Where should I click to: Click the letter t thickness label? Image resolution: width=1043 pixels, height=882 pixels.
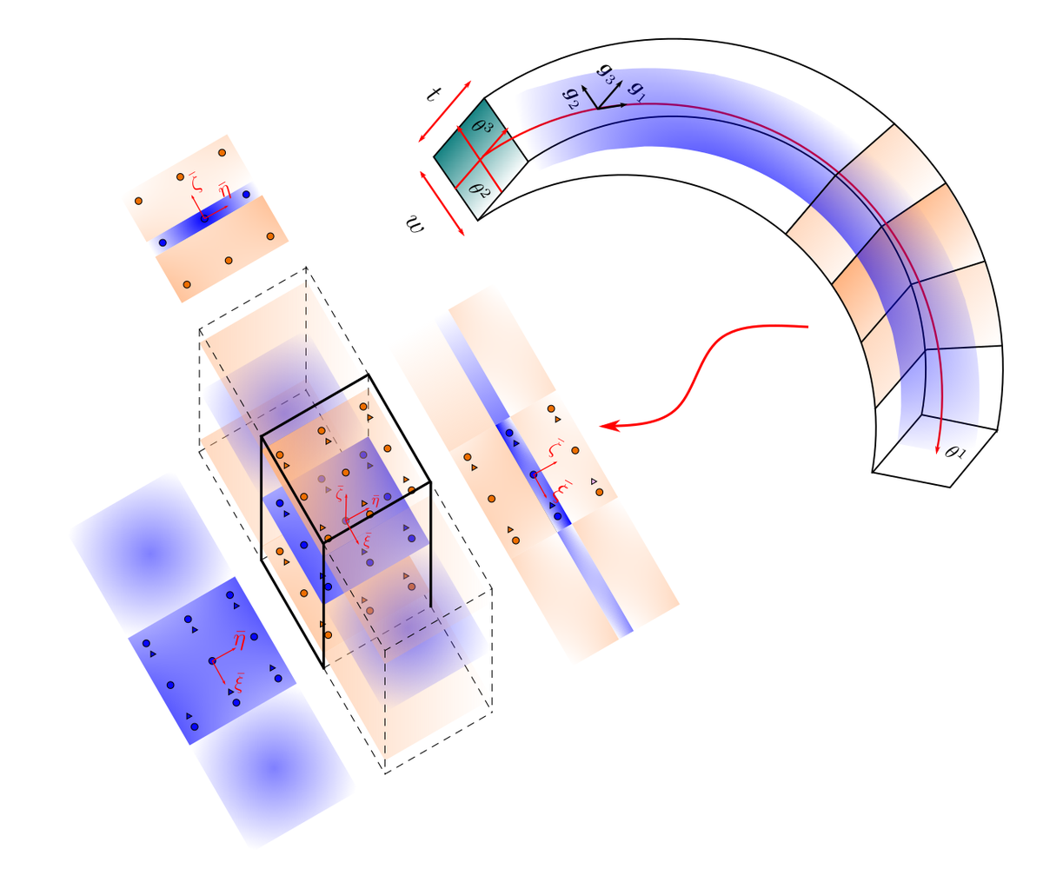(433, 94)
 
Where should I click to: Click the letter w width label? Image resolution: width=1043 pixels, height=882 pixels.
(415, 224)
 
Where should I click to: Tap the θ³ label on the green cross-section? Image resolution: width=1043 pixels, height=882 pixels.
(481, 123)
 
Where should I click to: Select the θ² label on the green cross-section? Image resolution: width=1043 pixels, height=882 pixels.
(478, 189)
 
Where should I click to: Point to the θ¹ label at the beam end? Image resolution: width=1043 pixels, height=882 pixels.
(953, 451)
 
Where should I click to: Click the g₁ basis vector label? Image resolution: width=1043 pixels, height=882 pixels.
(635, 91)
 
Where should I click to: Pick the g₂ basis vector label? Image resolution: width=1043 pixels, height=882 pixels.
(571, 99)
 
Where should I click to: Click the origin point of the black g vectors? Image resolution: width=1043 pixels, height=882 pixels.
(597, 109)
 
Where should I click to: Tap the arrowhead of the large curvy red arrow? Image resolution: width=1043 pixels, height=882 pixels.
(607, 427)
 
